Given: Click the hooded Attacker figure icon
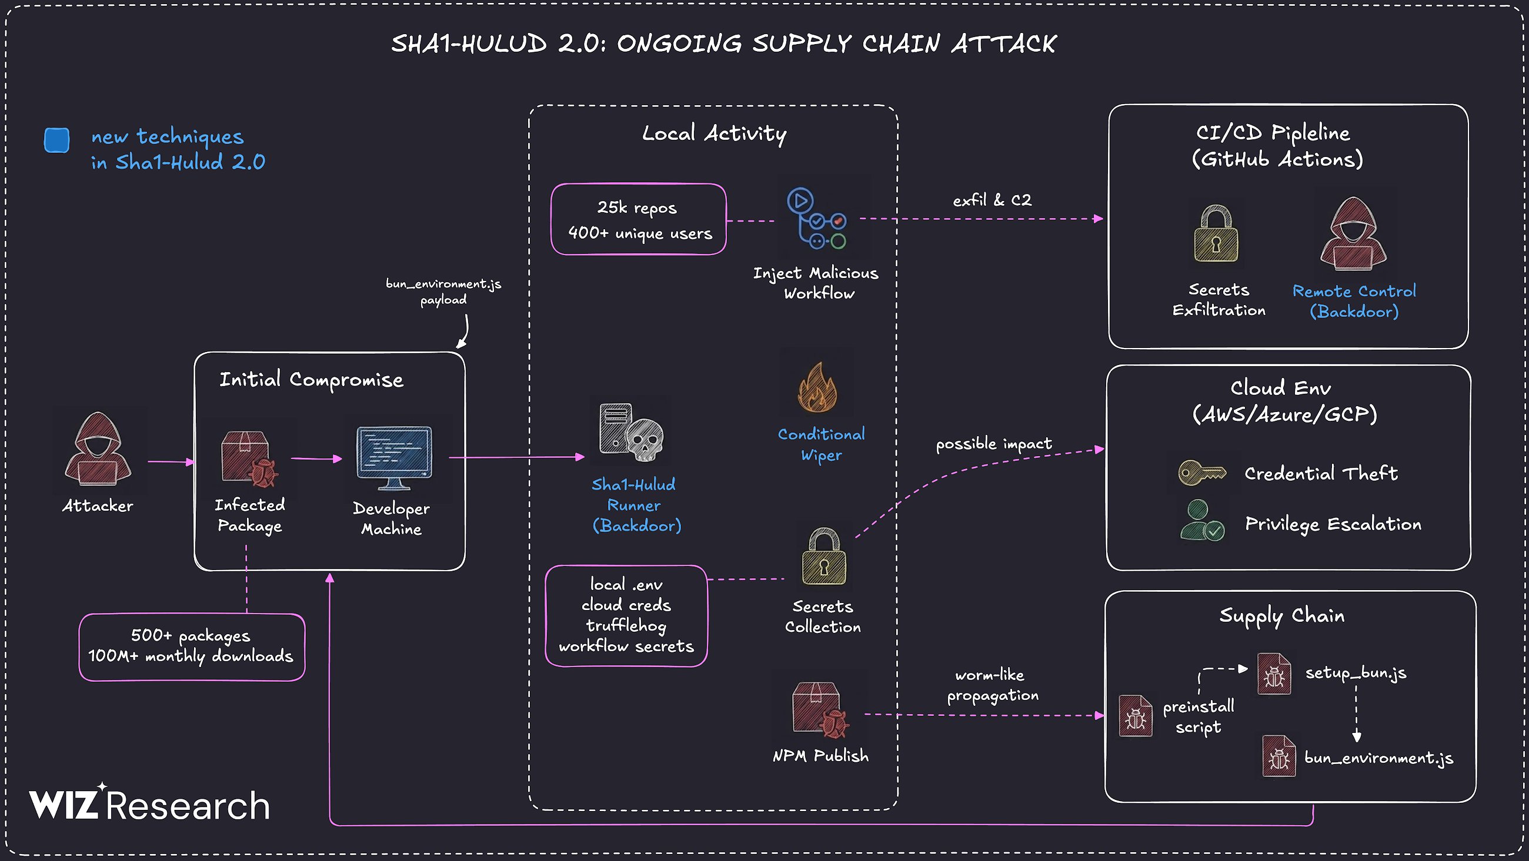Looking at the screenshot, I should click(98, 449).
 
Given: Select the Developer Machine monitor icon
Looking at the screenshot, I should click(394, 455).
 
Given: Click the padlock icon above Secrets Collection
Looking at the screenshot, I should click(824, 557).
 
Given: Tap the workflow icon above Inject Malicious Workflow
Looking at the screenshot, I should click(817, 219).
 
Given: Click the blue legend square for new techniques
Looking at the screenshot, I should click(57, 140).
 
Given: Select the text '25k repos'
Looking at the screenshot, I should click(637, 207).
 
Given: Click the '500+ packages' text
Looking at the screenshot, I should click(191, 635).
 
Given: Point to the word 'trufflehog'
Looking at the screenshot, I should click(626, 625).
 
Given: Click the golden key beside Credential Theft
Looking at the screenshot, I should click(1201, 474).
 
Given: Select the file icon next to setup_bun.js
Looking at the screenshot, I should click(1274, 674).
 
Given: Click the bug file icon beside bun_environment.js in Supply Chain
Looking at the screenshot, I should click(1278, 756).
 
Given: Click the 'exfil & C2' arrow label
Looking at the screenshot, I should click(992, 200).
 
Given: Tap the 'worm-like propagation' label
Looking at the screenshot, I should click(992, 685).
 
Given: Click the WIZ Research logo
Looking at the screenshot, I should click(149, 804).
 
